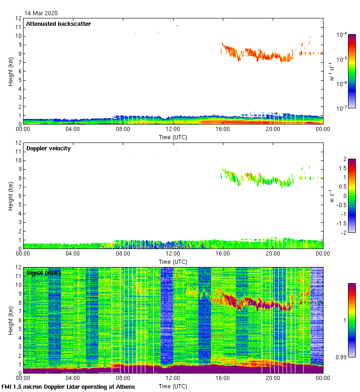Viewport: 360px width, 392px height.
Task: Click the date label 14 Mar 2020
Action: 41,13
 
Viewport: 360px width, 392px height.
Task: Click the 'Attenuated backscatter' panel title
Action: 58,24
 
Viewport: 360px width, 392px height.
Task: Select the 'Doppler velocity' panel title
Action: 48,148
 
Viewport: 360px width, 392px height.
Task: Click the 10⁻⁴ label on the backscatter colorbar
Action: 342,35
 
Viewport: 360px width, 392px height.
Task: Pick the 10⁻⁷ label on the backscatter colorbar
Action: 342,108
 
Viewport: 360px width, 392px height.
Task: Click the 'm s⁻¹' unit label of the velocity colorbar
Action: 331,196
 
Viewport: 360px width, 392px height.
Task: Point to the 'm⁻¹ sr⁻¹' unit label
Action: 331,71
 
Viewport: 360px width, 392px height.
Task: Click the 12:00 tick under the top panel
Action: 173,129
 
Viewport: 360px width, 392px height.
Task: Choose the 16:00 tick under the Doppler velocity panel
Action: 223,253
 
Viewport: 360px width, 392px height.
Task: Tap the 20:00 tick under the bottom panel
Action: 273,378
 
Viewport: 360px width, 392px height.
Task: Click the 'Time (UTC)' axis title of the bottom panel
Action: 173,386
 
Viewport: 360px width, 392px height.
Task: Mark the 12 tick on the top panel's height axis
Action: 18,18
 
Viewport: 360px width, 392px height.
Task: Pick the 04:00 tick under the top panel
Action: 73,129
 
